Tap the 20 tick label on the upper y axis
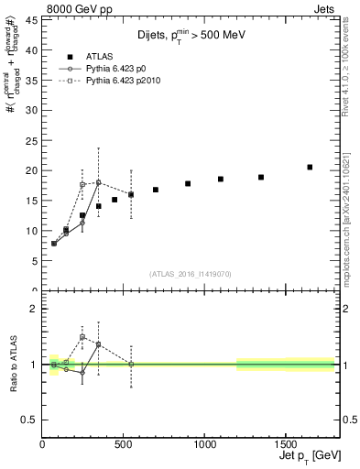pyautogui.click(x=30, y=170)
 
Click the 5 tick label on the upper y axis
pyautogui.click(x=33, y=261)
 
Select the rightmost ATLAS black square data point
pyautogui.click(x=310, y=167)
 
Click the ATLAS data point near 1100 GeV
pyautogui.click(x=221, y=179)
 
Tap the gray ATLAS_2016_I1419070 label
pyautogui.click(x=189, y=273)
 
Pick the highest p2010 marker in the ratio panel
pyautogui.click(x=82, y=337)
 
